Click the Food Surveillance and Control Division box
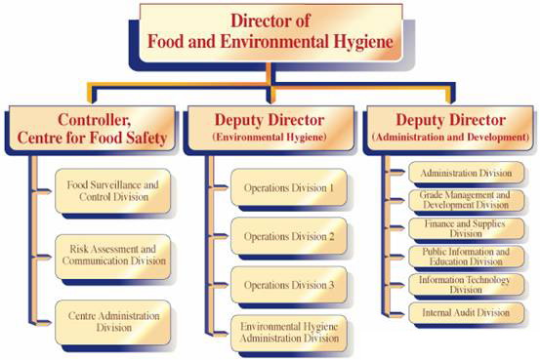click(x=114, y=189)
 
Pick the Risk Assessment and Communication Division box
click(x=114, y=255)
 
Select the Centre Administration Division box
click(x=114, y=323)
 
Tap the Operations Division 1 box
click(x=289, y=187)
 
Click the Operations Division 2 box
click(x=289, y=236)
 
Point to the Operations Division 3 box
click(x=289, y=285)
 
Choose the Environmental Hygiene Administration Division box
click(x=289, y=332)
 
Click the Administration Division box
click(x=465, y=173)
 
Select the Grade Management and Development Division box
click(x=465, y=201)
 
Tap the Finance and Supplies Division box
click(x=465, y=229)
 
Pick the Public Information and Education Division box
click(x=465, y=257)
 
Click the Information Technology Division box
click(x=465, y=284)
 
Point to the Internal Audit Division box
click(x=465, y=313)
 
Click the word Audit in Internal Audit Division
click(x=467, y=313)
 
